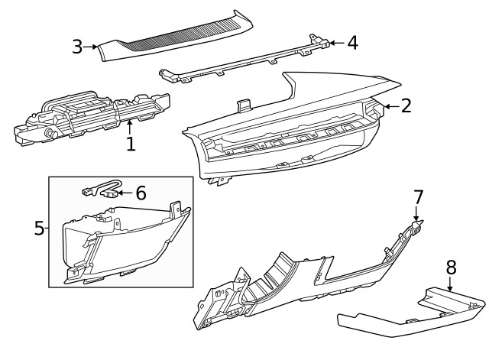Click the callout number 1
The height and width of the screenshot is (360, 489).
pos(131,143)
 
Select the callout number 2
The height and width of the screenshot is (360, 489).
pos(406,105)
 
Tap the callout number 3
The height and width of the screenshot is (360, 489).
pos(77,47)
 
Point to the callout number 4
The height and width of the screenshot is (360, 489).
pos(352,43)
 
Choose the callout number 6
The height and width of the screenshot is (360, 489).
pos(141,193)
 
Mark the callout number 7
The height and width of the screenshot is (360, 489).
pos(418,197)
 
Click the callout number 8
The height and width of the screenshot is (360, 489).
pos(451,267)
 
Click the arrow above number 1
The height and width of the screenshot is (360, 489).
pos(131,125)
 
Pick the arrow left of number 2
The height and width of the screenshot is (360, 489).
pos(389,106)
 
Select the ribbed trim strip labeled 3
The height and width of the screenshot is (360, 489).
pos(176,34)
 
